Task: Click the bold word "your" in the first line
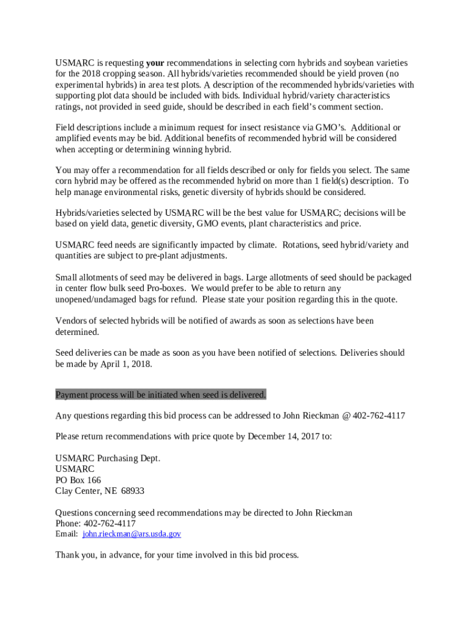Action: point(155,63)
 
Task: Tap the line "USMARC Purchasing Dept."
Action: point(108,458)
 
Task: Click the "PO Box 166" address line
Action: point(78,481)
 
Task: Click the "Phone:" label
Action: point(69,524)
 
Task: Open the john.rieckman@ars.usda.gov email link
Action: point(132,534)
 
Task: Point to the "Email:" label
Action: point(67,534)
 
